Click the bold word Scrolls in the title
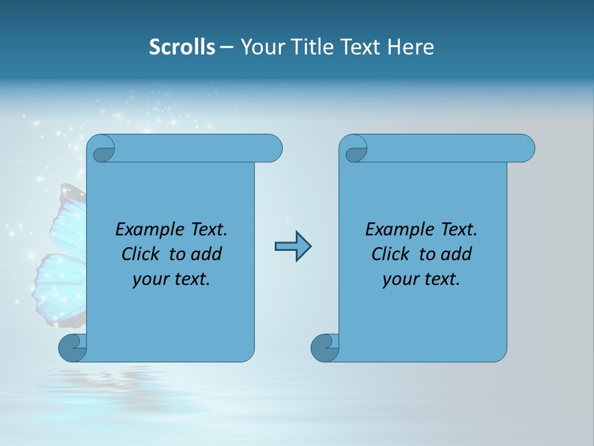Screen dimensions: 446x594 pos(183,47)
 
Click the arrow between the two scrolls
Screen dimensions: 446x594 pos(293,247)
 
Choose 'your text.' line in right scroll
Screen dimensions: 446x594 pos(421,279)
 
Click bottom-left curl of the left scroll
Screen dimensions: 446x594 pos(72,348)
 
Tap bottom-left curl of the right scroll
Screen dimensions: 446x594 pos(324,348)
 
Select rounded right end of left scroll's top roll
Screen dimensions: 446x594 pos(272,148)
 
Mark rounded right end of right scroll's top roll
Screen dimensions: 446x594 pos(525,148)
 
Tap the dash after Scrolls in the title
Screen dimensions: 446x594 pos(226,47)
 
